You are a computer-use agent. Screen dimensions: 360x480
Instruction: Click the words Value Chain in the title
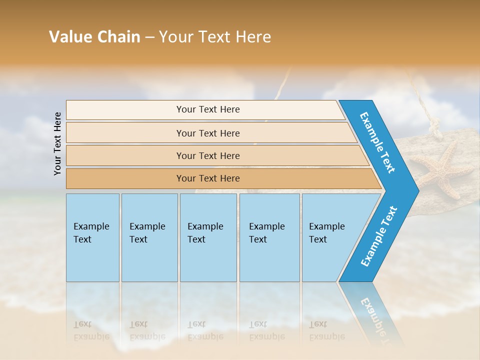point(94,37)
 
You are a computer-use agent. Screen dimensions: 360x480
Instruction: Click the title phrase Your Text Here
point(215,37)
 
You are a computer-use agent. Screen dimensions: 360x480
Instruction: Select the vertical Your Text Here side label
point(57,143)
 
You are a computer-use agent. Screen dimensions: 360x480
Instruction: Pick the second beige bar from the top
point(207,133)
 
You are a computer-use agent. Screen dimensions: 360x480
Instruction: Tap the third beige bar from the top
point(207,155)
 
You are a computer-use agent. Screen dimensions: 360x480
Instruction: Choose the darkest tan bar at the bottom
point(207,178)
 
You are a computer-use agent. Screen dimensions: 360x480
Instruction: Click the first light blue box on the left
point(92,237)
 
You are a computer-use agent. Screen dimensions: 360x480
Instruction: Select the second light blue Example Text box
point(149,237)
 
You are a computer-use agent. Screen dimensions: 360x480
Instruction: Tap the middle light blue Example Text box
point(208,237)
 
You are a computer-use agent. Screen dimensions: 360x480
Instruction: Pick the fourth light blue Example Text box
point(269,237)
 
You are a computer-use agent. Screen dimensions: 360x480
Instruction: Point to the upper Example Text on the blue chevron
point(377,142)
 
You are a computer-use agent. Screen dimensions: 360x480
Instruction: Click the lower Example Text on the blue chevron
point(379,236)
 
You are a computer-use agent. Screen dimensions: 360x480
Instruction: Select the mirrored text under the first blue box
point(91,330)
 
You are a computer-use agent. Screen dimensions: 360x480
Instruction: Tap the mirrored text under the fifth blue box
point(326,330)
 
